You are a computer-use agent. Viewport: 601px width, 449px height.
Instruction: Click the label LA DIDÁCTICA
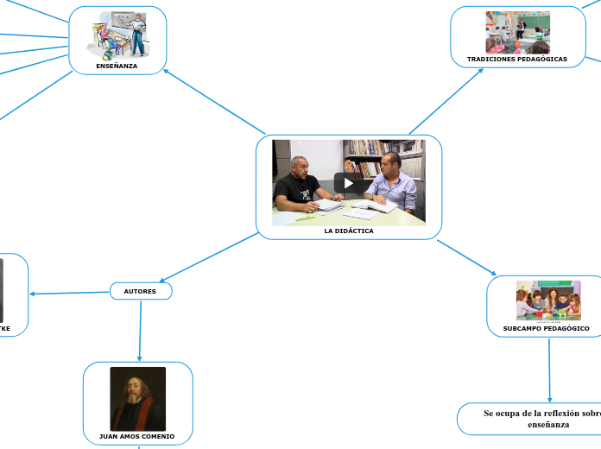(x=349, y=231)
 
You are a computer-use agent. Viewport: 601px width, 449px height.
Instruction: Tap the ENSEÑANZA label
(x=117, y=66)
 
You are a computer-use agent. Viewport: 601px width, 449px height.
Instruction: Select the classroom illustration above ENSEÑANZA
(x=117, y=35)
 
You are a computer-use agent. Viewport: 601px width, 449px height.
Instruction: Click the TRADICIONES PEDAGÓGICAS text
(x=517, y=60)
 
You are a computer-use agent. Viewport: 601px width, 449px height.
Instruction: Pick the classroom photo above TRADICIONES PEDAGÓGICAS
(x=517, y=32)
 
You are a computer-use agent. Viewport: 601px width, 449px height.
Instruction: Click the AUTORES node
(x=140, y=291)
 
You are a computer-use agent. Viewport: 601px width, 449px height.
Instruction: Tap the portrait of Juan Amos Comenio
(x=138, y=398)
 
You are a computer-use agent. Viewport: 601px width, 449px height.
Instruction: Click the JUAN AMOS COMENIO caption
(x=137, y=436)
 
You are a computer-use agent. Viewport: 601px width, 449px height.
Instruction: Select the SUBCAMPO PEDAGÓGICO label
(x=546, y=328)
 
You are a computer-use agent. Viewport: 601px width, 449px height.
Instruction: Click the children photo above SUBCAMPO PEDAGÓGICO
(x=548, y=300)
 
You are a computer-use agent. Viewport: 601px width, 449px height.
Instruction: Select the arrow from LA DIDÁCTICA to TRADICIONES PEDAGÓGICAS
(x=446, y=101)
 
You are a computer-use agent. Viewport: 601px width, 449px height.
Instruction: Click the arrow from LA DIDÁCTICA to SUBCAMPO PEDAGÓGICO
(x=466, y=257)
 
